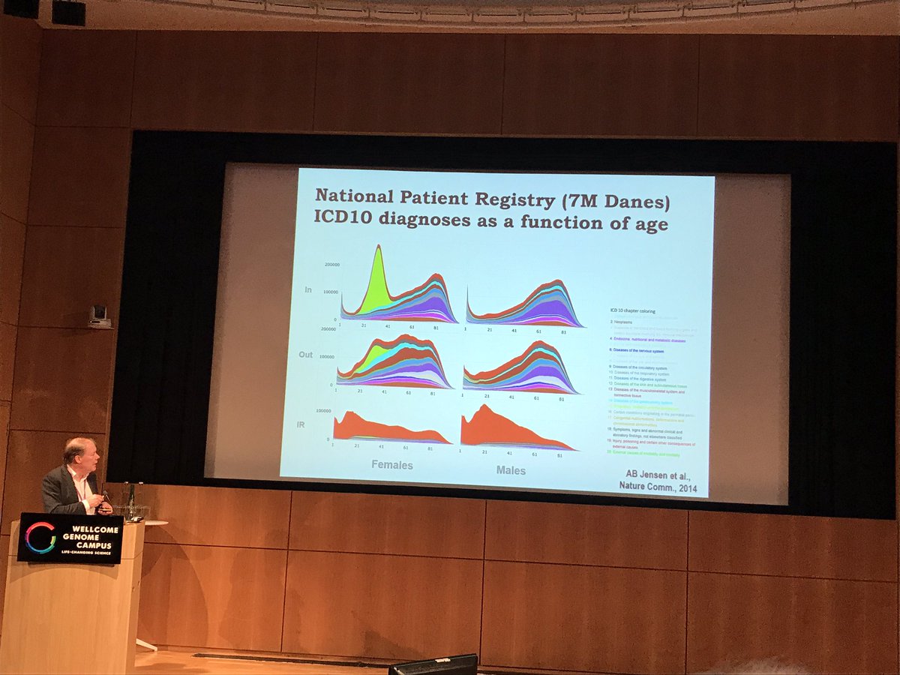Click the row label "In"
click(x=307, y=289)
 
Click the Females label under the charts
click(x=392, y=465)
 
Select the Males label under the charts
click(x=511, y=470)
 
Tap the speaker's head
click(x=78, y=452)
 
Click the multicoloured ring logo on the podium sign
click(x=40, y=538)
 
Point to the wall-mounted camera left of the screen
click(x=97, y=317)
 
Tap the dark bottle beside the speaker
click(x=132, y=501)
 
